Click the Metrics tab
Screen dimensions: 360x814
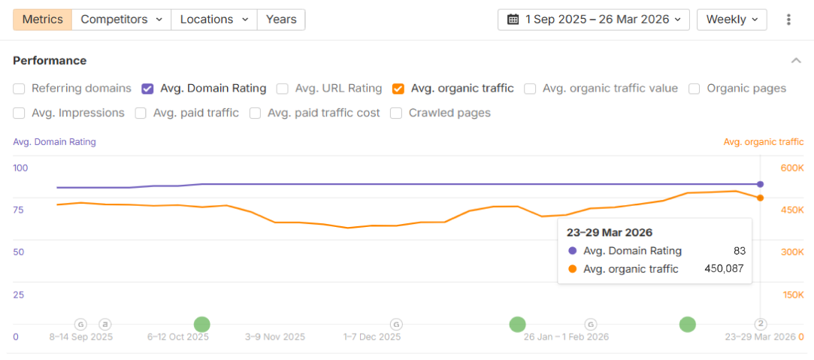coord(43,20)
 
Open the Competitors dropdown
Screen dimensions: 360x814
coord(122,20)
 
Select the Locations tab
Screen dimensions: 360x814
coord(214,20)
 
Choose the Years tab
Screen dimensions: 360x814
coord(281,20)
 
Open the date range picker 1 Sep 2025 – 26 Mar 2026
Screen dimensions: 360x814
coord(594,20)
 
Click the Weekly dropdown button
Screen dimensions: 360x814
coord(731,20)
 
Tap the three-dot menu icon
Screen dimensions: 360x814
coord(788,20)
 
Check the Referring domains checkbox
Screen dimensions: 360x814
coord(20,89)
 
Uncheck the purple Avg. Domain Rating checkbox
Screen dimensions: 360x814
coord(148,89)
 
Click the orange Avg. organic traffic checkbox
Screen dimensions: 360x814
coord(398,89)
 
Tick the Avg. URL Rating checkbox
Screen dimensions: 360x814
coord(283,89)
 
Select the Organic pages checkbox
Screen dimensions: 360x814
coord(694,89)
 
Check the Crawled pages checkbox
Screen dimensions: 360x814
coord(395,113)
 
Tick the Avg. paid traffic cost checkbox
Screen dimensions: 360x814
coord(256,113)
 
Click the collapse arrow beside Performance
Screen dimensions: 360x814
coord(796,60)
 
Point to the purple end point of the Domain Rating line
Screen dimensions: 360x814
coord(761,184)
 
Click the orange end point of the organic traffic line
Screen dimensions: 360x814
coord(761,198)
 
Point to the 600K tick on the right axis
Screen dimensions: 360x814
coord(792,168)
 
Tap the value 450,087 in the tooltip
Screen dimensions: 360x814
coord(724,269)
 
